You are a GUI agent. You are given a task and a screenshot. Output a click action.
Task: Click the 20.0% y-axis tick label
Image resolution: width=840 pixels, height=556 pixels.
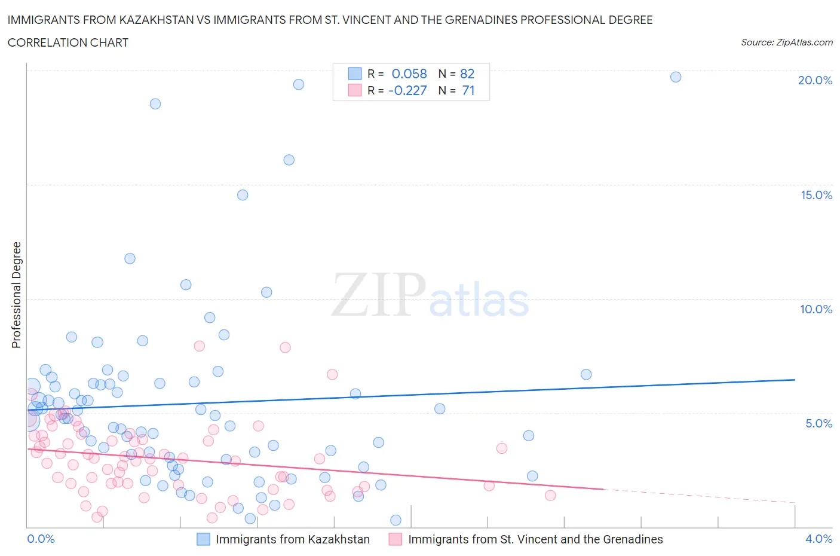pyautogui.click(x=815, y=80)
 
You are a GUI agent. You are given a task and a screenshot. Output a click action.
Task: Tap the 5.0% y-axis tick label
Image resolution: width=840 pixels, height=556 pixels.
pyautogui.click(x=818, y=423)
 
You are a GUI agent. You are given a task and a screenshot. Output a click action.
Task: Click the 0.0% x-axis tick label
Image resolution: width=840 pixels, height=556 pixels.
pyautogui.click(x=41, y=539)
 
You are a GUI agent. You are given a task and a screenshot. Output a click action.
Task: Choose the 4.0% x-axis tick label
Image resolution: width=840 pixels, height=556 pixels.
pyautogui.click(x=818, y=539)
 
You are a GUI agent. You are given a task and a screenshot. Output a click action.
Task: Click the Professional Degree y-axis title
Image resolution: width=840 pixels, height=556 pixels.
pyautogui.click(x=16, y=295)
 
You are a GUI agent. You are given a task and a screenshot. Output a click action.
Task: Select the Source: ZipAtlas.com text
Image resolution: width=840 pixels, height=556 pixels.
pyautogui.click(x=786, y=42)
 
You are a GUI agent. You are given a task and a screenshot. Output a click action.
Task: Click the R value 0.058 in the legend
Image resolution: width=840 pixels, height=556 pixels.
pyautogui.click(x=409, y=74)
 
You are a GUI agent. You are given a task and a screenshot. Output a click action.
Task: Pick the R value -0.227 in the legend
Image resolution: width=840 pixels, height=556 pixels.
pyautogui.click(x=407, y=90)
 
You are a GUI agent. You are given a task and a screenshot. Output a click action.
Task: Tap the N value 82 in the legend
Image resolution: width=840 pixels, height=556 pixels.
pyautogui.click(x=467, y=74)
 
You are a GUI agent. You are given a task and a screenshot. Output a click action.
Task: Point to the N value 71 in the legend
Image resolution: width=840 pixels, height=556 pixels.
pyautogui.click(x=468, y=90)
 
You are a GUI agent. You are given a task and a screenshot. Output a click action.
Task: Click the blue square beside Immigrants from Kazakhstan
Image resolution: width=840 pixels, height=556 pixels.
pyautogui.click(x=204, y=539)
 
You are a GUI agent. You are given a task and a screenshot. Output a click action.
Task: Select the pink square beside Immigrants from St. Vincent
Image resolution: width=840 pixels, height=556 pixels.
pyautogui.click(x=396, y=539)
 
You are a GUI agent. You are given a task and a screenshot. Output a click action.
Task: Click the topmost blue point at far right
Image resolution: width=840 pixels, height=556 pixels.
pyautogui.click(x=676, y=77)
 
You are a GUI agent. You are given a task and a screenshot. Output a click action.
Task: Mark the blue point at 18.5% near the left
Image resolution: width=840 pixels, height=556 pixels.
pyautogui.click(x=155, y=103)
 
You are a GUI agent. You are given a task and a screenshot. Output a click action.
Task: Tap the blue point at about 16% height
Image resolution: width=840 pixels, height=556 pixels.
pyautogui.click(x=289, y=160)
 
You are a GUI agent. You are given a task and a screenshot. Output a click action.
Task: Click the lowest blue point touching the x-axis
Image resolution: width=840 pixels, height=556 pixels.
pyautogui.click(x=396, y=520)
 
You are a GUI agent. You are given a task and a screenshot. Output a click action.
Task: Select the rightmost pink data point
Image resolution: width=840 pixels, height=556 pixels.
pyautogui.click(x=550, y=495)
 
